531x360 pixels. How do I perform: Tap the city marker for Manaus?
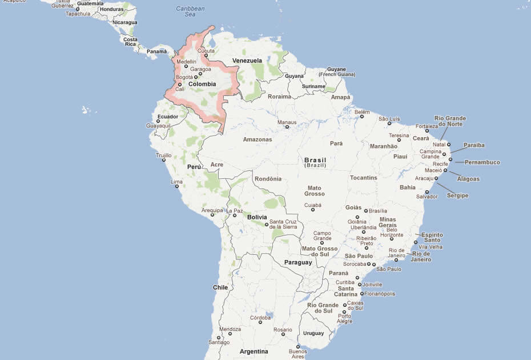287,127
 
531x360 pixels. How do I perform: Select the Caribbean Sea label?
190,11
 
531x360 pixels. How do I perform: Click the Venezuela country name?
247,61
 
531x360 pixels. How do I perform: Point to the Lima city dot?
177,186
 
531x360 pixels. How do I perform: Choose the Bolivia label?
257,217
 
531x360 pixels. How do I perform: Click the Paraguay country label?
298,262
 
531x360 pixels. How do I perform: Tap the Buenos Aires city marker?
297,346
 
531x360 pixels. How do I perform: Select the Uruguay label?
313,333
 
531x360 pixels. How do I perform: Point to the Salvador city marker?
427,192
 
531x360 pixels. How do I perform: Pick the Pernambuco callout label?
482,162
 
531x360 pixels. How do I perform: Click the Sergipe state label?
457,195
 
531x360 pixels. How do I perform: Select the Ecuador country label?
168,117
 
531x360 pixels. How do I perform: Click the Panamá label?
156,51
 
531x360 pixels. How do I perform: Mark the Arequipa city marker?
212,215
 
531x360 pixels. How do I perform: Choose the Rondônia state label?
268,179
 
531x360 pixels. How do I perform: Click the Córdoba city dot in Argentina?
260,322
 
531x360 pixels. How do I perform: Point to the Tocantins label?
364,178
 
